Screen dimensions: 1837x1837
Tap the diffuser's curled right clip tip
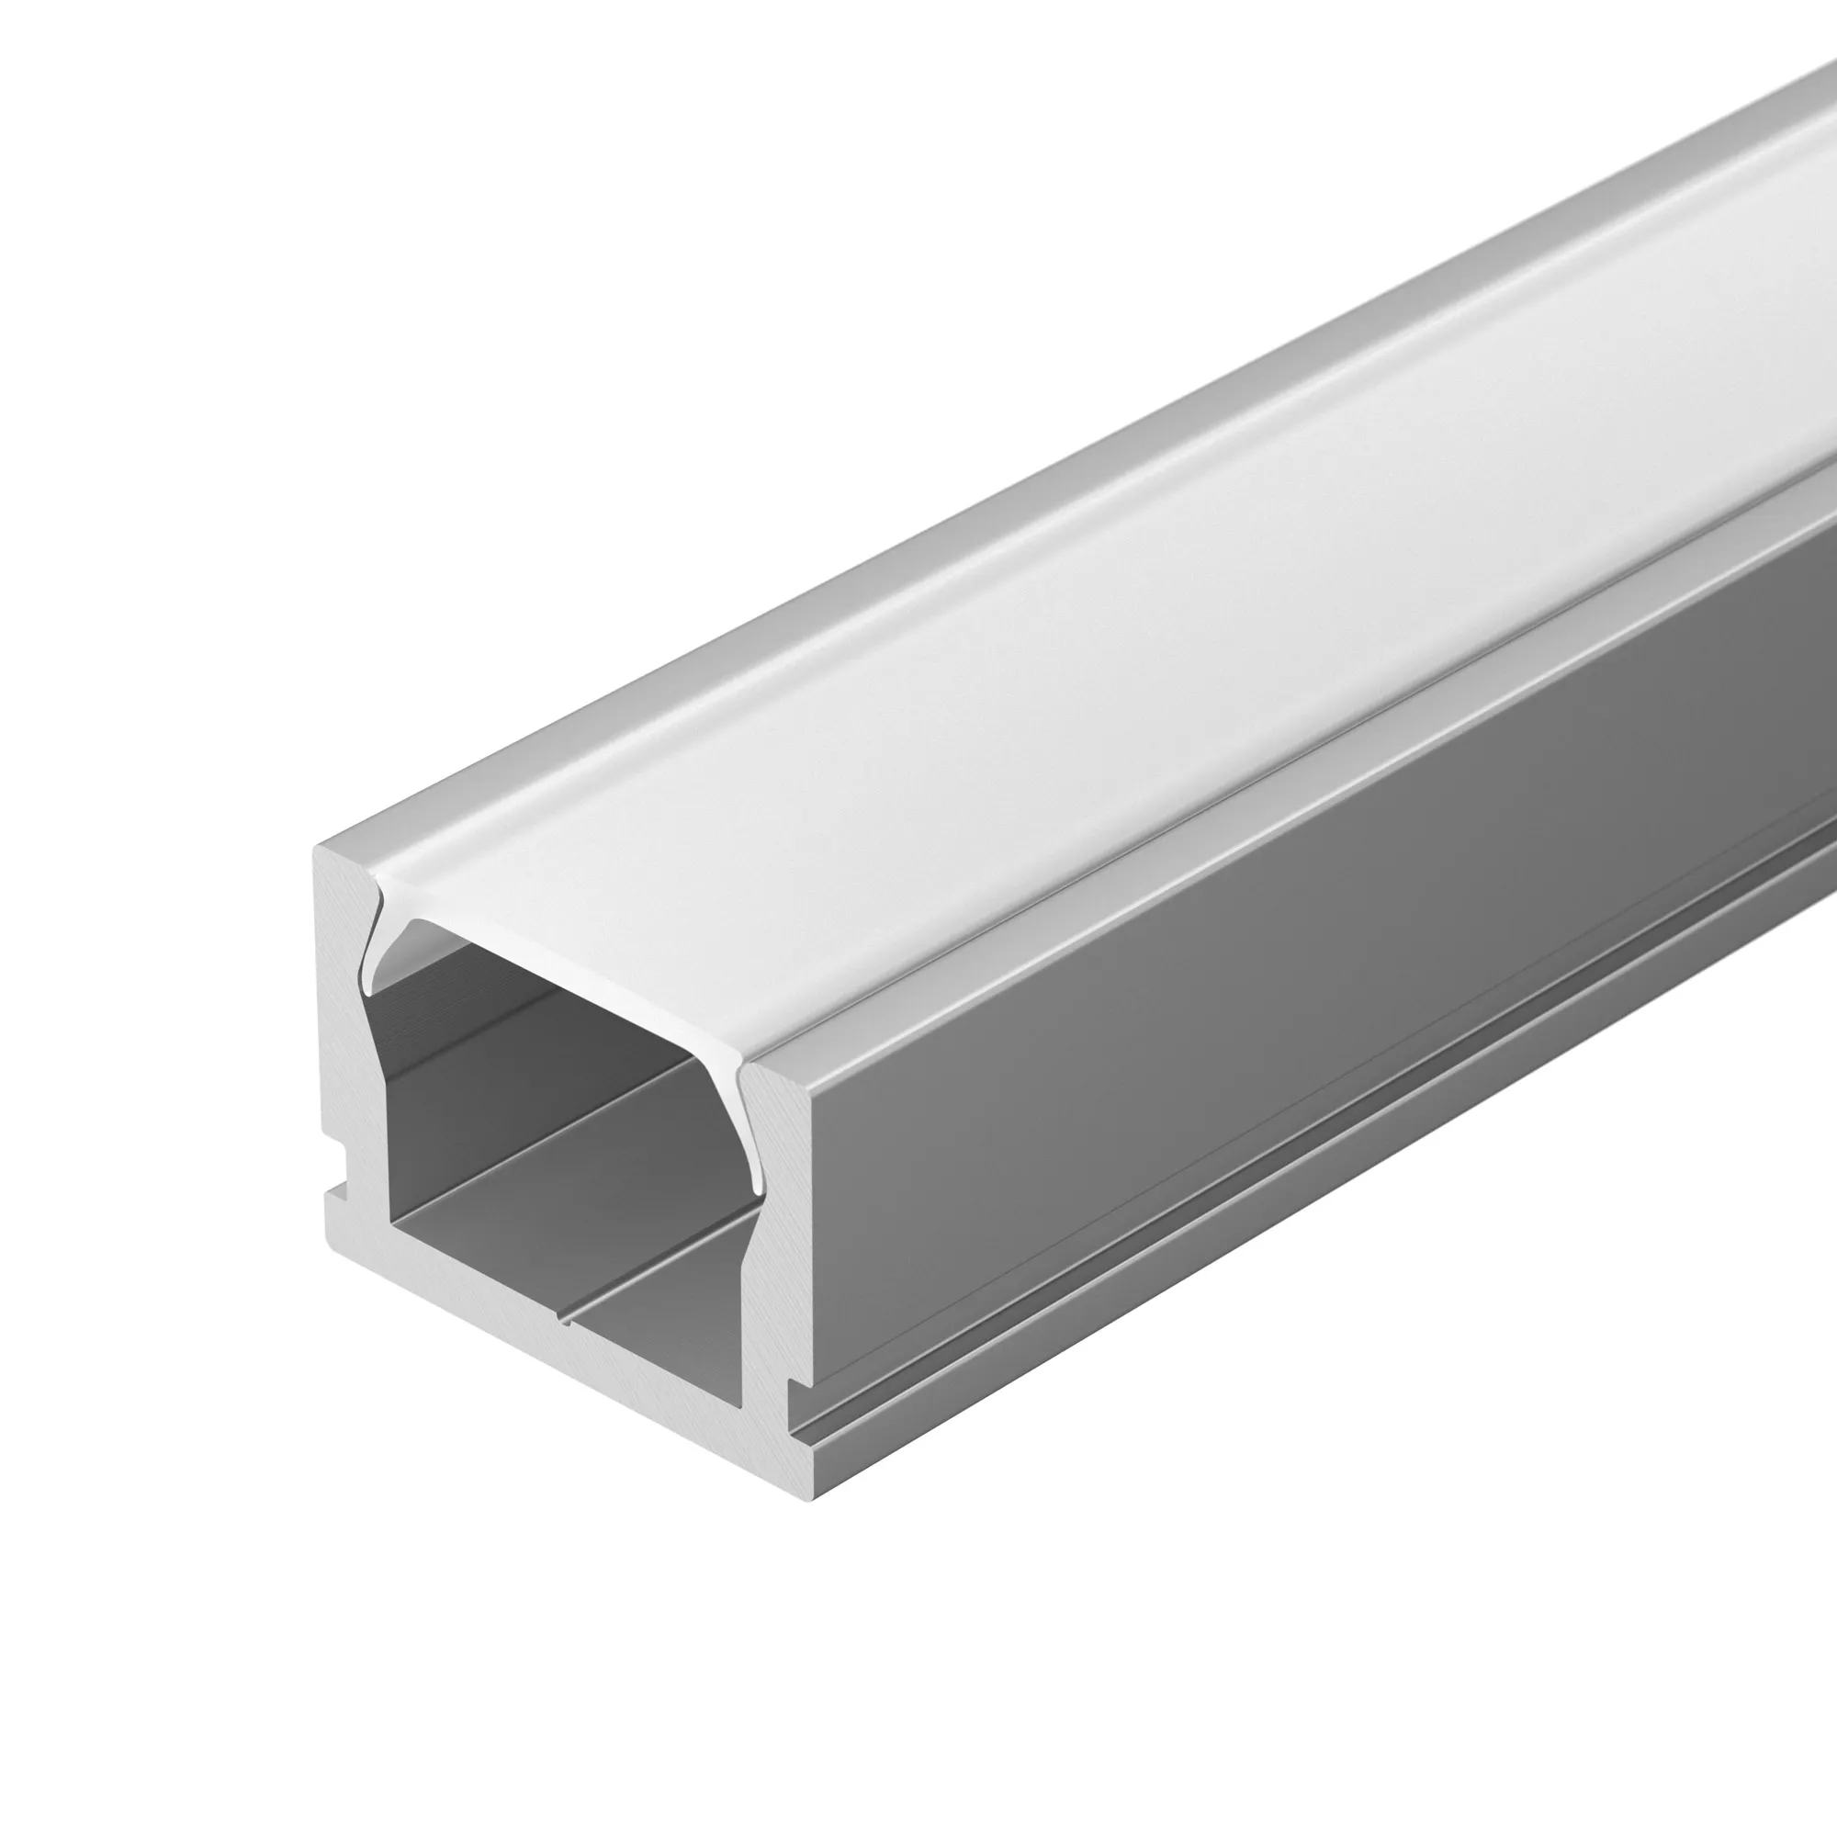(757, 1184)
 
